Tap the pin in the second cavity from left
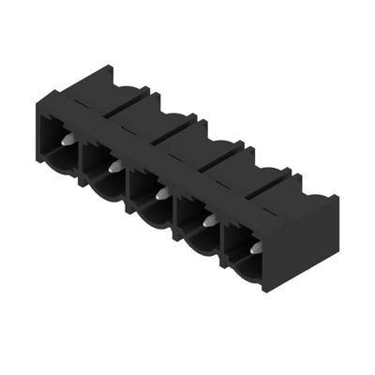point(113,167)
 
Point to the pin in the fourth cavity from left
point(207,222)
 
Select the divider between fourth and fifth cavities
point(222,241)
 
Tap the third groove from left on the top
point(205,161)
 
